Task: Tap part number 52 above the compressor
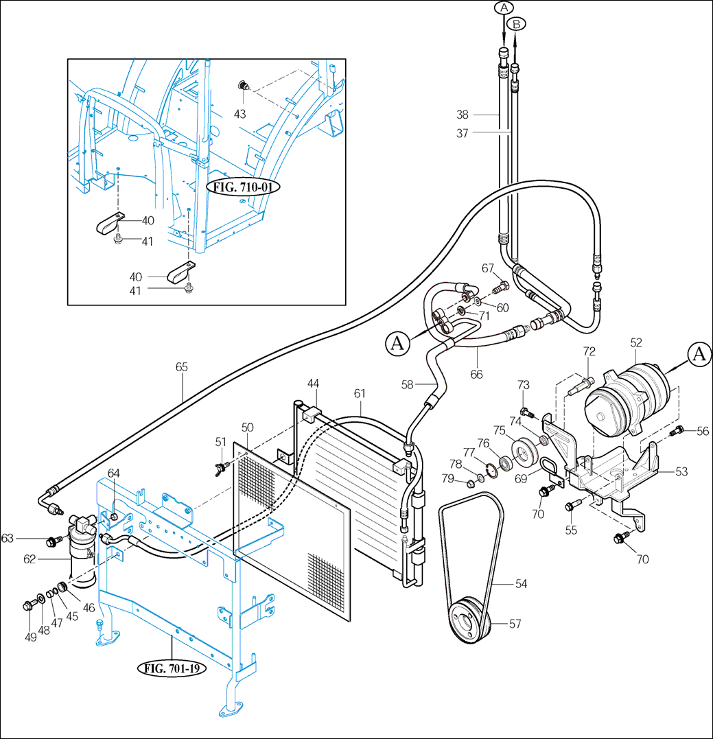click(636, 341)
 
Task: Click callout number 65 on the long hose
click(181, 367)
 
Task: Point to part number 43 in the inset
click(239, 114)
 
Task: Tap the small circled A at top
click(504, 8)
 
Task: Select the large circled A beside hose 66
click(398, 342)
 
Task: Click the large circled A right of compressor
click(699, 354)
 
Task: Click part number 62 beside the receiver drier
click(30, 559)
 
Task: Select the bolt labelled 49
click(28, 605)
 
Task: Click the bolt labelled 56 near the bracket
click(679, 430)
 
